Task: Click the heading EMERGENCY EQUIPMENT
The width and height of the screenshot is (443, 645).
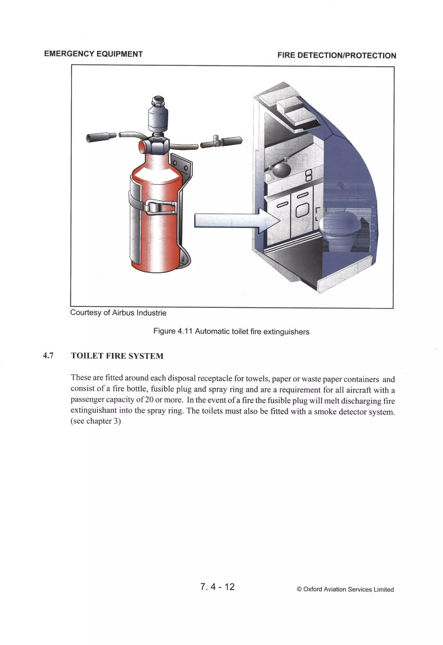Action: pos(93,54)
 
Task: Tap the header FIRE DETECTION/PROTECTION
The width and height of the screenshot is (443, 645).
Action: pos(336,56)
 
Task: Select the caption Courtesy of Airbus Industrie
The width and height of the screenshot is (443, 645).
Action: pos(118,313)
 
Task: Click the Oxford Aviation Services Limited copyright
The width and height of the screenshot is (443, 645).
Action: pos(345,589)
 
